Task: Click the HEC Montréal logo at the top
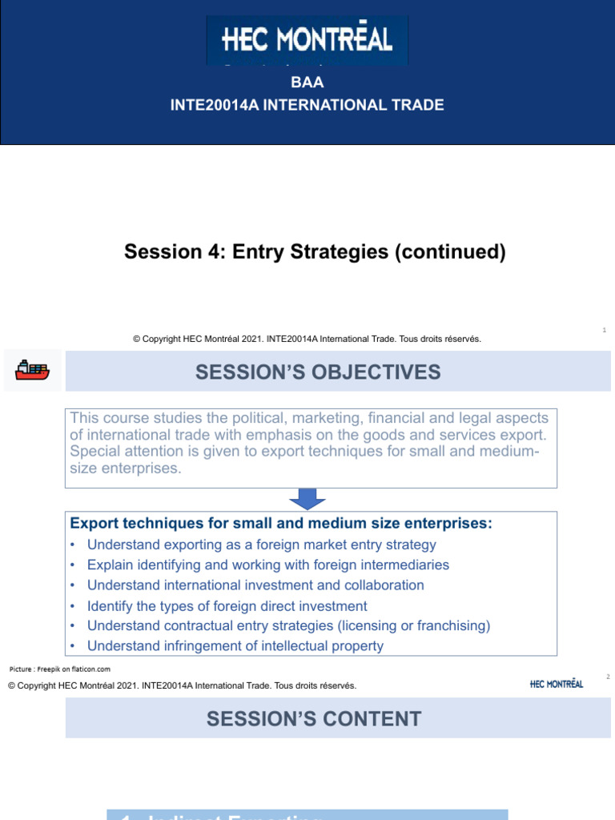307,40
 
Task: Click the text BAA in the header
307,82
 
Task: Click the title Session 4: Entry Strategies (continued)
316,252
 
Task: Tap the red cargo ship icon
32,369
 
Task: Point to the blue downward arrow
308,499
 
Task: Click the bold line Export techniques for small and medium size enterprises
281,523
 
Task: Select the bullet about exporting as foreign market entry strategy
261,545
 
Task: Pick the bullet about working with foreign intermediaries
267,565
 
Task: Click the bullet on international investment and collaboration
255,585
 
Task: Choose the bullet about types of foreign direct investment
227,605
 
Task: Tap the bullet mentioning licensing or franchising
288,625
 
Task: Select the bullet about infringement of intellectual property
235,645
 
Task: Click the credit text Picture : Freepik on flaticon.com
60,669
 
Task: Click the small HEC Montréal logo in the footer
557,684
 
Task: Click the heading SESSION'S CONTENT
313,718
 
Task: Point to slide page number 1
604,330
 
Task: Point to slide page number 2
608,677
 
